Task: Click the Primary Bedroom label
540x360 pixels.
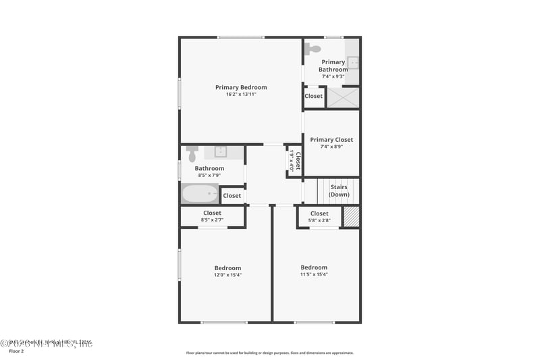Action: tap(241, 87)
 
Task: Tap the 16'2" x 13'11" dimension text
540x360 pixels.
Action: tap(241, 95)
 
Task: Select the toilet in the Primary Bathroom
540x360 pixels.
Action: tap(312, 49)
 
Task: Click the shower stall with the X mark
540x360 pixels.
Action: tap(343, 97)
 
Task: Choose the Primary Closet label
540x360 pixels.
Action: tap(331, 140)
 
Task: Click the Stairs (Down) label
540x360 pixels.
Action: tap(339, 190)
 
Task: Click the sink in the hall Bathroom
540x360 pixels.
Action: tap(219, 151)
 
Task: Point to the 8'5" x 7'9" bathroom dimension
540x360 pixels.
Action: tap(209, 176)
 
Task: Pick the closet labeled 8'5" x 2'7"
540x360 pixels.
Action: tap(212, 216)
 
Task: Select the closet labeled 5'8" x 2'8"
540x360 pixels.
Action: tap(319, 217)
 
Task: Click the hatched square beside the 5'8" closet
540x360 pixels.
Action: tap(351, 217)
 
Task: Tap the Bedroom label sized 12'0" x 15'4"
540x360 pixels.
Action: tap(227, 268)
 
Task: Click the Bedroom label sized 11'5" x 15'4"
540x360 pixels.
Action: tap(314, 267)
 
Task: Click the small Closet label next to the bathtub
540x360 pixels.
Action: tap(232, 196)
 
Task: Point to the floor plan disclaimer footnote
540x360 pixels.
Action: tap(269, 353)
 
